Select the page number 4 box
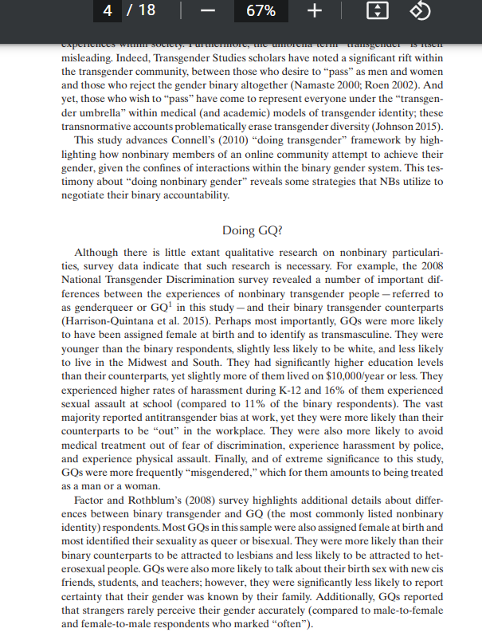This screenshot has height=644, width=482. pyautogui.click(x=108, y=11)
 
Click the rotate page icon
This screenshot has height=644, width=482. pyautogui.click(x=421, y=11)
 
